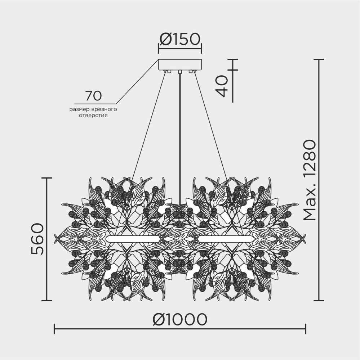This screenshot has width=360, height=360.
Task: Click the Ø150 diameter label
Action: click(180, 39)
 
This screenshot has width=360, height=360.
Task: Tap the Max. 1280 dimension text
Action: click(309, 180)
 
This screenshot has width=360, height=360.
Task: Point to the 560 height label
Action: click(37, 239)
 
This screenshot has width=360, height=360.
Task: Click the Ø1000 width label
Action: click(180, 319)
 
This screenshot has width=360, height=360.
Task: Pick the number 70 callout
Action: click(93, 96)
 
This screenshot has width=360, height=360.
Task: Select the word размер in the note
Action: click(80, 109)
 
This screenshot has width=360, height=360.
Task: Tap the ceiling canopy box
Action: click(180, 65)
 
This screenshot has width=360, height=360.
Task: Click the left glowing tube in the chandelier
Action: click(134, 239)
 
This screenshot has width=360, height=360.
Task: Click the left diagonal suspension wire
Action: click(148, 126)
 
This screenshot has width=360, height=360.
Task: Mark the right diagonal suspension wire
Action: click(211, 126)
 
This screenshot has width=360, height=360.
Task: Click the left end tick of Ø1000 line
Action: click(54, 329)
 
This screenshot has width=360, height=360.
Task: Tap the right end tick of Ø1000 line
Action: click(306, 329)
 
